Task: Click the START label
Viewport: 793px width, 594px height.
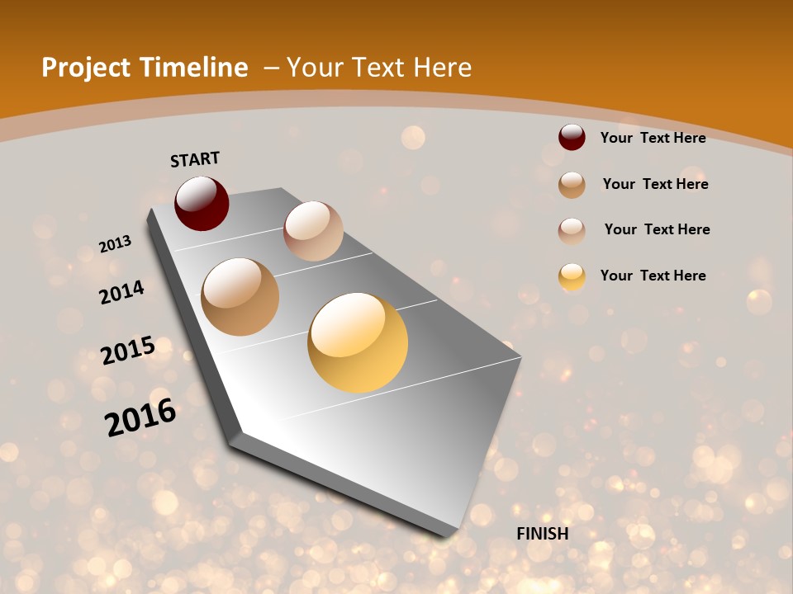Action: coord(195,159)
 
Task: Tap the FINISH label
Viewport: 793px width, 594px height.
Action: coord(543,534)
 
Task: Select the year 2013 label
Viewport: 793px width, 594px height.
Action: coord(115,244)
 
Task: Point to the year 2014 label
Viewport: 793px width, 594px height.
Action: coord(121,292)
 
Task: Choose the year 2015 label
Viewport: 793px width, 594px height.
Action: coord(128,351)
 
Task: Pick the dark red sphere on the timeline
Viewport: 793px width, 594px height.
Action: coord(202,203)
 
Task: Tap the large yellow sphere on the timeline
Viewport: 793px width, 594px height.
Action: coord(358,342)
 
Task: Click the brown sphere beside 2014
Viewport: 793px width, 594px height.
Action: coord(240,297)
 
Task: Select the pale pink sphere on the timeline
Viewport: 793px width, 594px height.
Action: coord(313,231)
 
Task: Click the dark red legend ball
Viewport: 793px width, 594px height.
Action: coord(572,138)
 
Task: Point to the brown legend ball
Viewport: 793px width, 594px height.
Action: coord(572,185)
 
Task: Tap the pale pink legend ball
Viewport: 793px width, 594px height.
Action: coord(572,230)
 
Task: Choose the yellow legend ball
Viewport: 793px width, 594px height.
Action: coord(572,276)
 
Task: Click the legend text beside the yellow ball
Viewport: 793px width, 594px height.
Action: coord(653,276)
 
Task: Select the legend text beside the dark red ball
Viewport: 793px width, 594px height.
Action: coord(653,138)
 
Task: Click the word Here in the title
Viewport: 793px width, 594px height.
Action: coord(444,68)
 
